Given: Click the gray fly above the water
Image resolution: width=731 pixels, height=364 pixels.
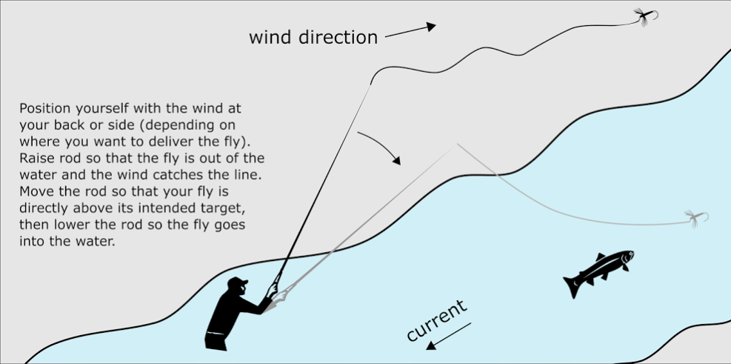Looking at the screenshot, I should (x=695, y=216).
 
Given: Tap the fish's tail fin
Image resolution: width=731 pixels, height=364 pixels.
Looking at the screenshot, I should (x=573, y=285).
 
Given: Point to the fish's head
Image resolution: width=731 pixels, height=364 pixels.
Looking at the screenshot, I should (x=627, y=258).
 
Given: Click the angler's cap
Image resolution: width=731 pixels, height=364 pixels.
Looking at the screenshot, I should (x=238, y=282).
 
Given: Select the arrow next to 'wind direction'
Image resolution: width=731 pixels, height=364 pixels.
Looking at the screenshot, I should (x=410, y=30).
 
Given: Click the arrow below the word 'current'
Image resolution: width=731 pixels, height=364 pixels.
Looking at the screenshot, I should (x=450, y=334).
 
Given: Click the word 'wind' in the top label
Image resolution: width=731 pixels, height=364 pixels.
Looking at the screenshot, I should (x=271, y=36).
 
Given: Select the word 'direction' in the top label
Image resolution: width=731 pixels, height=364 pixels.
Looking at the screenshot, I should (x=338, y=36).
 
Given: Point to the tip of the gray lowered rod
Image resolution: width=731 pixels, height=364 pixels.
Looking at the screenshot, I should (x=456, y=144).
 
